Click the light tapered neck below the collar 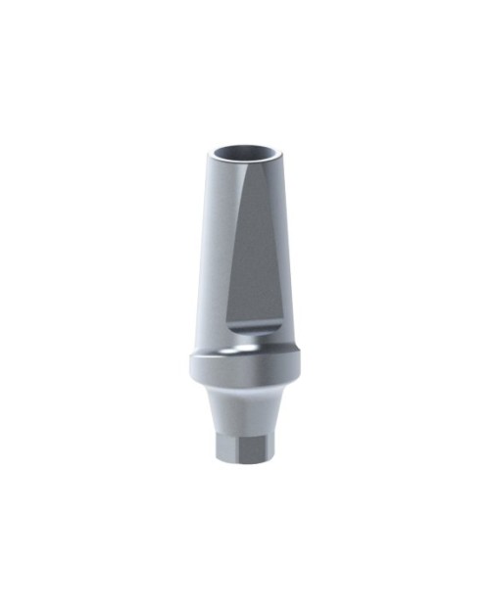(x=244, y=409)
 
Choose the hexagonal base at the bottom (x=244, y=446)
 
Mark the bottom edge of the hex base (x=244, y=463)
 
